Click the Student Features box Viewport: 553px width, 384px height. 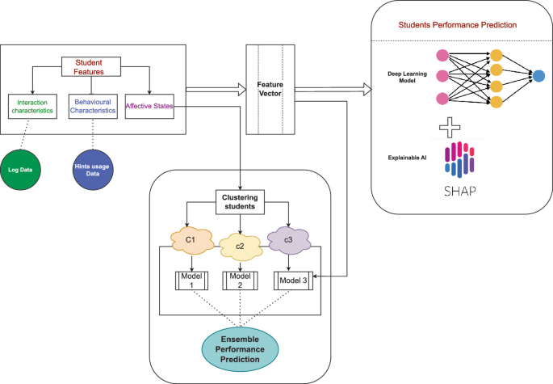point(90,66)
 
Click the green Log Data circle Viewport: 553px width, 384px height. point(25,168)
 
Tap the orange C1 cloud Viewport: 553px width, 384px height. point(191,240)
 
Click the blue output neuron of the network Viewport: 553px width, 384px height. point(537,76)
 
